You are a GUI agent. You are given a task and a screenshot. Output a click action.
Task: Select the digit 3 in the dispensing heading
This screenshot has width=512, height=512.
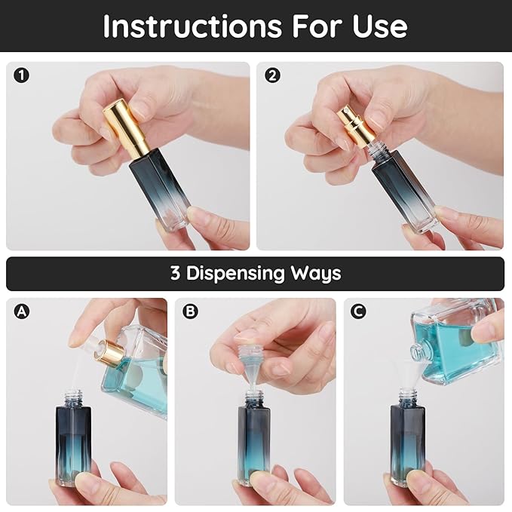click(x=175, y=273)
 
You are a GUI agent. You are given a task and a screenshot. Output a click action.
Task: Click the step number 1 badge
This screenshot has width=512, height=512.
click(x=22, y=75)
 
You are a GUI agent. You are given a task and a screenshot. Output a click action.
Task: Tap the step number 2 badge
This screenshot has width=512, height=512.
click(x=272, y=75)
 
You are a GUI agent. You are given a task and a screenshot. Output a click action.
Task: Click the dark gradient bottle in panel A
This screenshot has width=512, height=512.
click(x=72, y=441)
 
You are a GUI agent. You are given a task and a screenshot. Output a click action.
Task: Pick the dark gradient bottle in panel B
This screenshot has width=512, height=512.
click(x=253, y=441)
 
